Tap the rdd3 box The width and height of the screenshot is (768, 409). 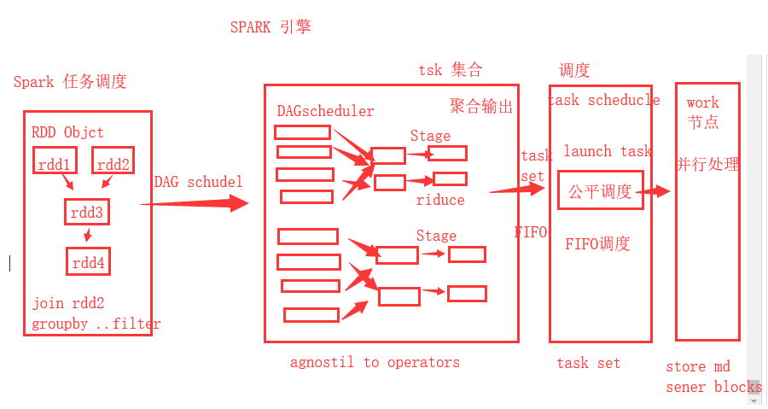click(88, 211)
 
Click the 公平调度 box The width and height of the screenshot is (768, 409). click(600, 191)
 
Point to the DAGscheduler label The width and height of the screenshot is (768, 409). click(325, 111)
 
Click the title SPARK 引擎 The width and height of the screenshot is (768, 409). click(271, 26)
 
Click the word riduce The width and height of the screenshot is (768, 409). click(440, 200)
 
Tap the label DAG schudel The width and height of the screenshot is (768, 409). click(198, 182)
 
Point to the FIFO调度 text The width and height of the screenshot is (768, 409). click(597, 244)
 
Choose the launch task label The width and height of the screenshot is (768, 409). click(608, 151)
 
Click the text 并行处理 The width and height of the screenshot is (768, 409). click(708, 164)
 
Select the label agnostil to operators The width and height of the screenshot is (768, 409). click(375, 362)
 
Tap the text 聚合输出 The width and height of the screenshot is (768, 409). click(481, 106)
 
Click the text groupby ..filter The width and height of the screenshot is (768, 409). click(96, 324)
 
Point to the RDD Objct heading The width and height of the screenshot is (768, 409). click(67, 132)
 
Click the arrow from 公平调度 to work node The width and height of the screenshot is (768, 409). click(654, 192)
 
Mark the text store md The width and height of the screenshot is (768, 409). click(698, 367)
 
